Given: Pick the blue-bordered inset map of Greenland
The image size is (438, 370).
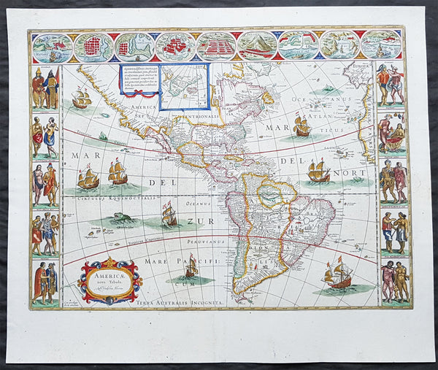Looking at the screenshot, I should point(183,85).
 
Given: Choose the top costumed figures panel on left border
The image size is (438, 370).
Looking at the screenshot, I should point(45,88).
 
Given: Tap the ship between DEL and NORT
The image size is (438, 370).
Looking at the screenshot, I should point(319,172).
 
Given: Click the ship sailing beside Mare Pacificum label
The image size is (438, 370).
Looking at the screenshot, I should point(191,267).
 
